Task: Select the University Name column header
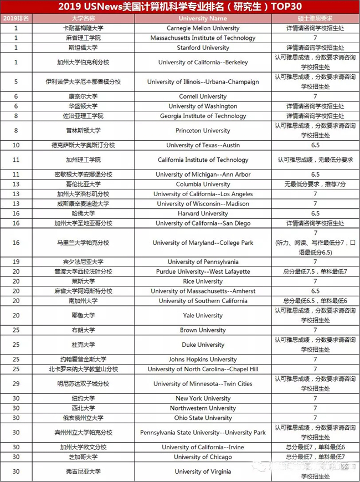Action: click(203, 18)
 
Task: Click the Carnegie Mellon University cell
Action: click(203, 28)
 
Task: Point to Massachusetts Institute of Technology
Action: click(203, 38)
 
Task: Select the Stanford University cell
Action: click(203, 48)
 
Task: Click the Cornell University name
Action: click(203, 96)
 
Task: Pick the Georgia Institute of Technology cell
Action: click(203, 116)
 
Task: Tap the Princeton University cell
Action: click(203, 131)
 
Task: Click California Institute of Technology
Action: click(203, 160)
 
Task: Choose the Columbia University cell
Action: click(203, 184)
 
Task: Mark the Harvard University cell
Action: click(203, 213)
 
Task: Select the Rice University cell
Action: click(203, 281)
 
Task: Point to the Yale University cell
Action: click(203, 316)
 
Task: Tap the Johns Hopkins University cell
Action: click(203, 360)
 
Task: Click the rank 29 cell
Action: click(16, 384)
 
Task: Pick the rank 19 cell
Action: click(16, 262)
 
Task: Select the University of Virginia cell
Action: click(203, 471)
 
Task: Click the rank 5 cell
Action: click(16, 82)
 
